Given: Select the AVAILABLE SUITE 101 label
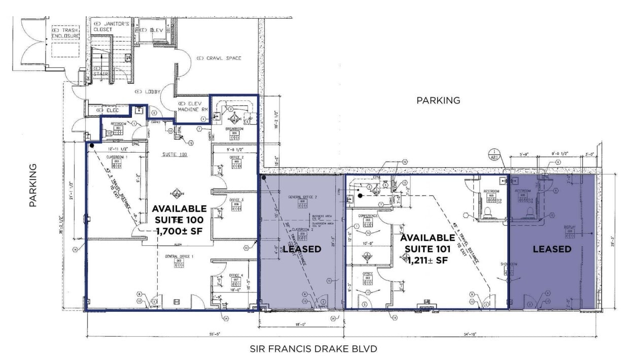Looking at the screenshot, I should (x=427, y=248).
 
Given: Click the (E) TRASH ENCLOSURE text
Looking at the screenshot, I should (x=66, y=33).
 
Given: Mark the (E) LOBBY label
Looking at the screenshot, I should (x=147, y=92).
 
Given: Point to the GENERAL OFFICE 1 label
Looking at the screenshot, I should (x=179, y=257).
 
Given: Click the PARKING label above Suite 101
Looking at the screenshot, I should (x=438, y=100).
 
